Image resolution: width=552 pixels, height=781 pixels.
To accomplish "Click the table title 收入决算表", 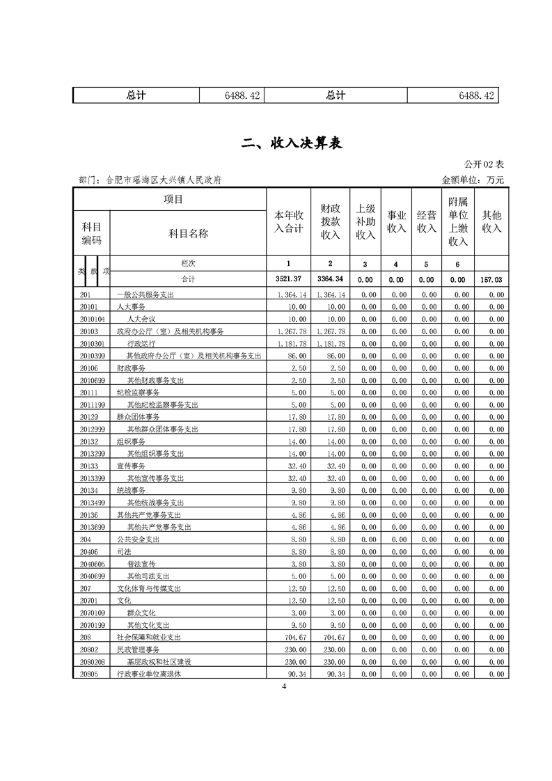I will [291, 144].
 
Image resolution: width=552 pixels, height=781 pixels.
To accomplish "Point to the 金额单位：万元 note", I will [473, 180].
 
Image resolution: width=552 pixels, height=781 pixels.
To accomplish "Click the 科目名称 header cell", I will [188, 234].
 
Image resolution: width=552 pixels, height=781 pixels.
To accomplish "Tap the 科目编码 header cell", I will [92, 234].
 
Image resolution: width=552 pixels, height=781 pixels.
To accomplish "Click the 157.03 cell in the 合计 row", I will [492, 279].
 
